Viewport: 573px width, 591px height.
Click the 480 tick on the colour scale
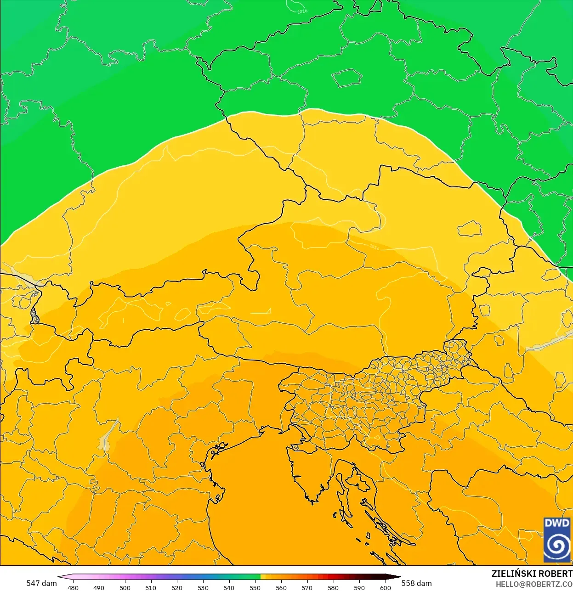(73, 587)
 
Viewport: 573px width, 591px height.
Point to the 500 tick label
(125, 587)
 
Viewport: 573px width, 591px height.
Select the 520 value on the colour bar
(177, 587)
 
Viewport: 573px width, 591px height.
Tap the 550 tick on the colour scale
(255, 587)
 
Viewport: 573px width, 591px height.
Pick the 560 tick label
(281, 587)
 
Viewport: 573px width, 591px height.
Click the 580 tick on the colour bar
(333, 587)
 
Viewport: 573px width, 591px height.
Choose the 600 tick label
(385, 587)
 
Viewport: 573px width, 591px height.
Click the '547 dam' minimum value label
(41, 583)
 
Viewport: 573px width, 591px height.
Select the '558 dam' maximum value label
(416, 583)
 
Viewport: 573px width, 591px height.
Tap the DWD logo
(556, 540)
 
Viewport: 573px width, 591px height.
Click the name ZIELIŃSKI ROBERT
(532, 574)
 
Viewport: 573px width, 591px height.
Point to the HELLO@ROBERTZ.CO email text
(534, 585)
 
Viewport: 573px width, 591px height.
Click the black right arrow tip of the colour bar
(398, 577)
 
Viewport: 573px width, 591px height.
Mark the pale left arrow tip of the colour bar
(60, 577)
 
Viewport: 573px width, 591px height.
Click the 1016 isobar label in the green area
(302, 11)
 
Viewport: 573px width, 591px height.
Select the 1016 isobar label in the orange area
(374, 247)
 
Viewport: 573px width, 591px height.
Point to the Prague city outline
(347, 78)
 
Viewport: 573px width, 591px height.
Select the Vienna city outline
(470, 228)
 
